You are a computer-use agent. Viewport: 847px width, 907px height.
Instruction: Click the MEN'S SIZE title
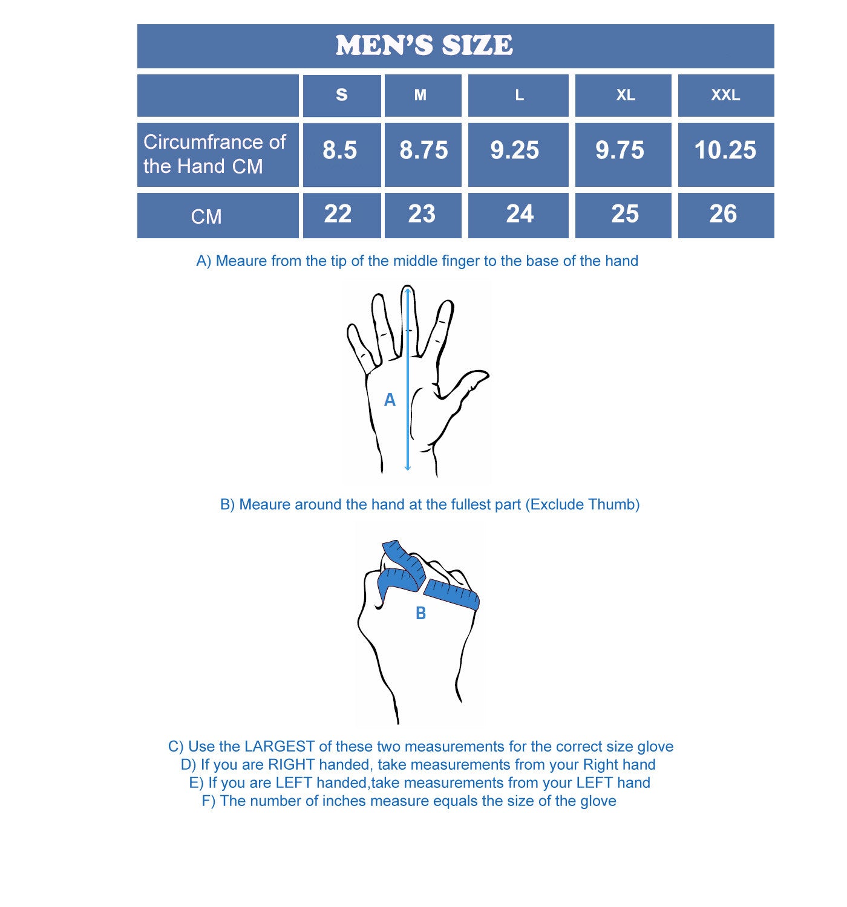click(x=424, y=46)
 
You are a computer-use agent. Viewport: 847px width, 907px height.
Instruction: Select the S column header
click(x=342, y=95)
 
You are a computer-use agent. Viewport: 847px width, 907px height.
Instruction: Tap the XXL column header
click(x=725, y=95)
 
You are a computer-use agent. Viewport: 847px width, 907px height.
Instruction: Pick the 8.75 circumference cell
click(x=423, y=150)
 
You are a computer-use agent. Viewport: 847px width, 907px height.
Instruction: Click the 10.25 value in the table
click(x=725, y=150)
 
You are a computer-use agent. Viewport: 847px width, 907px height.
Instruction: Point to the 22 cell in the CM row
click(x=338, y=214)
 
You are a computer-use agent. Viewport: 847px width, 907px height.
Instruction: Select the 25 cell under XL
click(x=625, y=214)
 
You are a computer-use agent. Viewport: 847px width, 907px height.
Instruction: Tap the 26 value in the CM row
click(x=723, y=214)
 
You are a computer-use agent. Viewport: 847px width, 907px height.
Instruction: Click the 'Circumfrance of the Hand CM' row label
click(x=215, y=154)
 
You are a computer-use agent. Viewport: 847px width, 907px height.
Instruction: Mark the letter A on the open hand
click(x=390, y=400)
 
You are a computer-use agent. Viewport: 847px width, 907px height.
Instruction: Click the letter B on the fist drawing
click(x=420, y=613)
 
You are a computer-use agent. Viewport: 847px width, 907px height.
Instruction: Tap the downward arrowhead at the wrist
click(x=408, y=467)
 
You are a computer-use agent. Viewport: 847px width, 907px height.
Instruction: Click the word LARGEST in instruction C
click(x=279, y=747)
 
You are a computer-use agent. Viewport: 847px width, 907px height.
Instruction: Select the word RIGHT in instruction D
click(x=292, y=765)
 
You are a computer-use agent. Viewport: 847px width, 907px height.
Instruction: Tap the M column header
click(x=420, y=95)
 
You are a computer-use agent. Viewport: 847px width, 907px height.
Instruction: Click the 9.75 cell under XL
click(x=620, y=150)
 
